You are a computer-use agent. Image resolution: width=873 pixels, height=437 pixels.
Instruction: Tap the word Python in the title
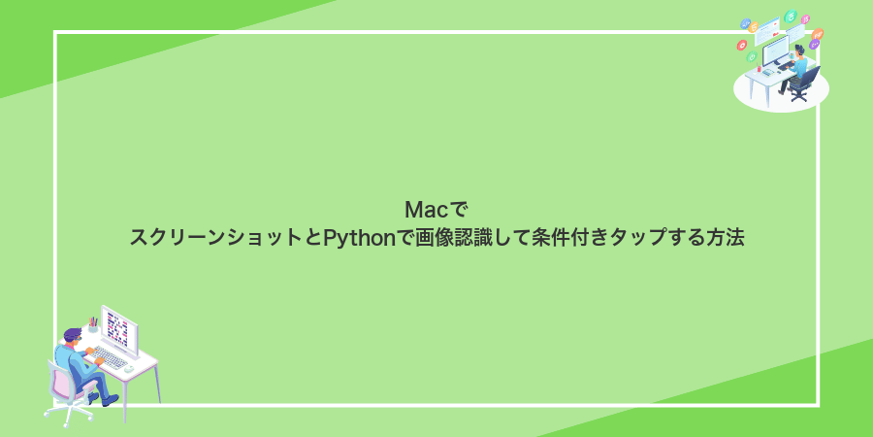(x=359, y=238)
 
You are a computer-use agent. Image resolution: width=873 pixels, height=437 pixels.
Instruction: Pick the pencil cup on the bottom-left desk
(x=93, y=325)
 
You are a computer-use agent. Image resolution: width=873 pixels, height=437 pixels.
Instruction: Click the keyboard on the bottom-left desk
(x=110, y=358)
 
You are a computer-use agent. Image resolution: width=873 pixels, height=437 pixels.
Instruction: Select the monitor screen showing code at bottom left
(x=117, y=328)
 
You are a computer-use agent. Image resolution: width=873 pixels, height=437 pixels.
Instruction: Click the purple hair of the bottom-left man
(x=73, y=333)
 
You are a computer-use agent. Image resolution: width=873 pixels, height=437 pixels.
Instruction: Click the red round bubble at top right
(x=741, y=46)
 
